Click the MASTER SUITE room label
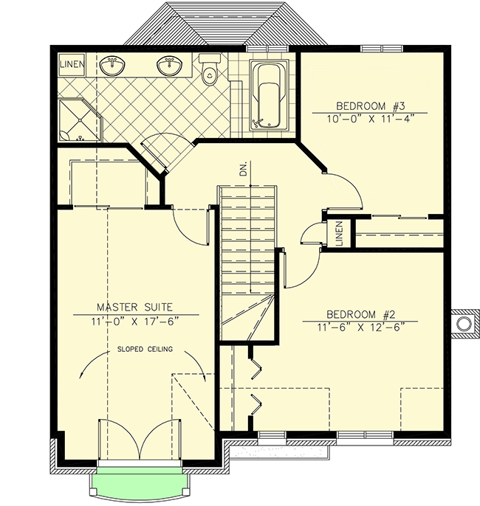[136, 307]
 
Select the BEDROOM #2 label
[357, 313]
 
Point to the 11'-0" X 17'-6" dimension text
[137, 321]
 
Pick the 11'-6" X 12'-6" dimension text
[358, 327]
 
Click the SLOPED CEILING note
[143, 350]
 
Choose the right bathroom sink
[169, 66]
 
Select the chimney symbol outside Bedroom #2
[464, 323]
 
